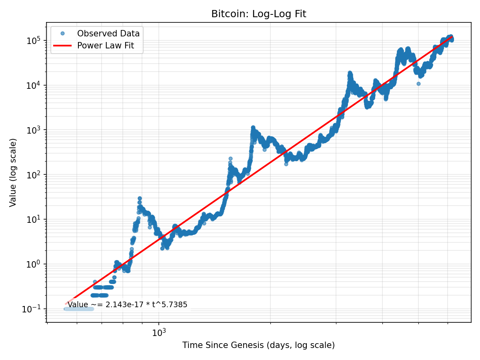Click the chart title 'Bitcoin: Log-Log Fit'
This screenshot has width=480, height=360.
(x=258, y=14)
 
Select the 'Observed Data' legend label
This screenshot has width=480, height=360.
(x=108, y=34)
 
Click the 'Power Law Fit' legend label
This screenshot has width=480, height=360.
(x=105, y=46)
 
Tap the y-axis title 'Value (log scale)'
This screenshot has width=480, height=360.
(x=13, y=172)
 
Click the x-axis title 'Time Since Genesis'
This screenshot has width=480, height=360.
(x=258, y=345)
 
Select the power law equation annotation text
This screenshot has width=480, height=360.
(x=127, y=305)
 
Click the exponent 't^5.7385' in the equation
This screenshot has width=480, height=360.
(x=171, y=305)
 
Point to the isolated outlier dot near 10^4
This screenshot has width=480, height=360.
(x=418, y=84)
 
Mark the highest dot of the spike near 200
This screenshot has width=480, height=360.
(x=230, y=159)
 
